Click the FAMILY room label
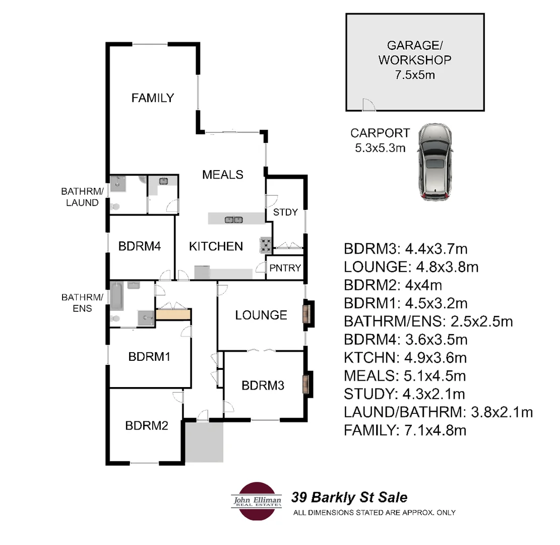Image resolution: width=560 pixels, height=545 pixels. tap(152, 98)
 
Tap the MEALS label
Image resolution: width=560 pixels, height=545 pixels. tap(223, 175)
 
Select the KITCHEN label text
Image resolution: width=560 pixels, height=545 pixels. tap(216, 246)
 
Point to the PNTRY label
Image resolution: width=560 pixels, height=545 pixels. tap(285, 268)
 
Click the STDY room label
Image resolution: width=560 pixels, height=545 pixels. tap(285, 212)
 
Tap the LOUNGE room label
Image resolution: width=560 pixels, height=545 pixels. tap(261, 315)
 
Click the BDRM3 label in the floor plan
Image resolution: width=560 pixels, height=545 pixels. tap(263, 386)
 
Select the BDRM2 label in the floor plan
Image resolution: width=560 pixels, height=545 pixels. tap(146, 425)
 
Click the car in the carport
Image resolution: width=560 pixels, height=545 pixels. tap(435, 161)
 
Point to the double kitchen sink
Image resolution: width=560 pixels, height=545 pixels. tap(233, 219)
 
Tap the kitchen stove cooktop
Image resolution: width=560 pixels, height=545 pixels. tap(266, 246)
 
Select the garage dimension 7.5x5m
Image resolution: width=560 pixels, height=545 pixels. tap(415, 76)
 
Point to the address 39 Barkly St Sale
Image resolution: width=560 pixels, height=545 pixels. tap(349, 498)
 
